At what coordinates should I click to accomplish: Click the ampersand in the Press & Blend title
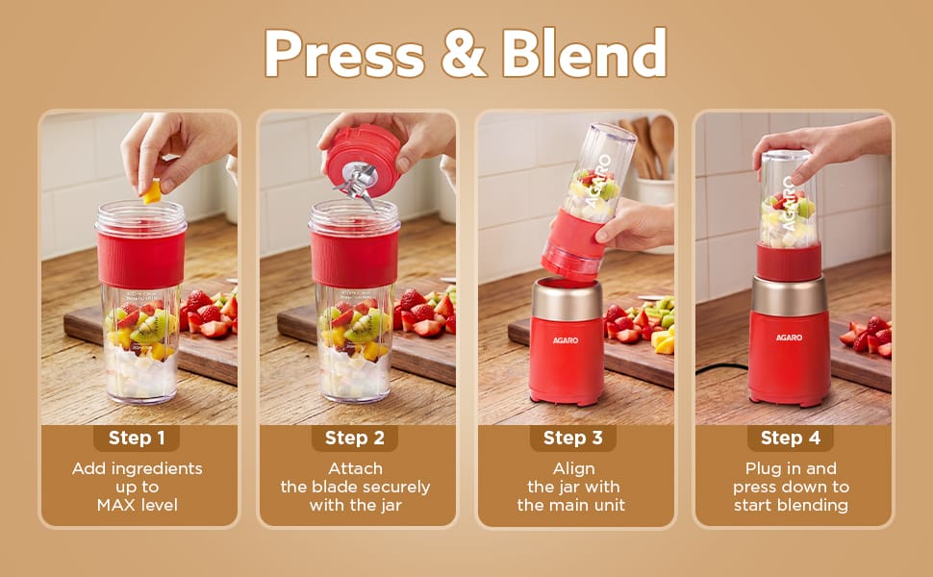click(x=464, y=54)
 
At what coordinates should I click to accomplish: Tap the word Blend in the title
click(x=584, y=53)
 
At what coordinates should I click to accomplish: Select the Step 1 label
click(x=137, y=439)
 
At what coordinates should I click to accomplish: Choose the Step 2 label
click(x=355, y=439)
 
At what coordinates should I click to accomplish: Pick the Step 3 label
click(x=572, y=439)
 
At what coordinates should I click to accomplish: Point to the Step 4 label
click(x=791, y=439)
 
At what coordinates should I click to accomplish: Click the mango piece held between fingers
click(x=152, y=192)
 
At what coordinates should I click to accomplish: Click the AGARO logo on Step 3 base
click(x=566, y=340)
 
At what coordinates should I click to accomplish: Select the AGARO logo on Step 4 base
click(x=789, y=338)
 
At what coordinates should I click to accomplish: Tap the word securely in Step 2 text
click(x=391, y=488)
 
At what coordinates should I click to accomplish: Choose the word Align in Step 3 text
click(x=573, y=469)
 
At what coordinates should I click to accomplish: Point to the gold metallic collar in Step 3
click(x=567, y=299)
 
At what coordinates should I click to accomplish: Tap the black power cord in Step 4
click(x=721, y=369)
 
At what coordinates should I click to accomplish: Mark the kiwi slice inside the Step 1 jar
click(x=147, y=329)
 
